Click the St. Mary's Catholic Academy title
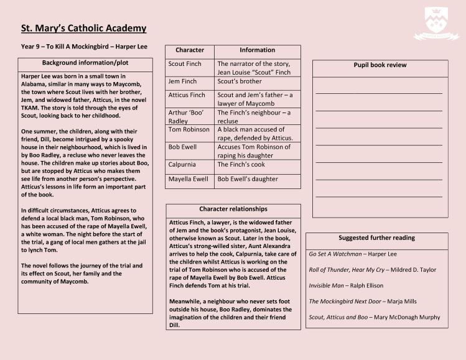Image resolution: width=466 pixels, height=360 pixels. pyautogui.click(x=84, y=28)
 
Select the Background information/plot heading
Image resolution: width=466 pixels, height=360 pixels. pyautogui.click(x=85, y=63)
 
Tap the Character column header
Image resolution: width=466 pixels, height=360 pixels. pyautogui.click(x=190, y=50)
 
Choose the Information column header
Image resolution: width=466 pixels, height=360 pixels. pyautogui.click(x=257, y=50)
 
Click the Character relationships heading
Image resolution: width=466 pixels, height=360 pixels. pyautogui.click(x=233, y=209)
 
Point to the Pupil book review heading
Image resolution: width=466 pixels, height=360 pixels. pyautogui.click(x=380, y=65)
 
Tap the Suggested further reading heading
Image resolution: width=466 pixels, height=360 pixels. pyautogui.click(x=376, y=238)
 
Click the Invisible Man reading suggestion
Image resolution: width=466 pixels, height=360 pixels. pyautogui.click(x=346, y=285)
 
